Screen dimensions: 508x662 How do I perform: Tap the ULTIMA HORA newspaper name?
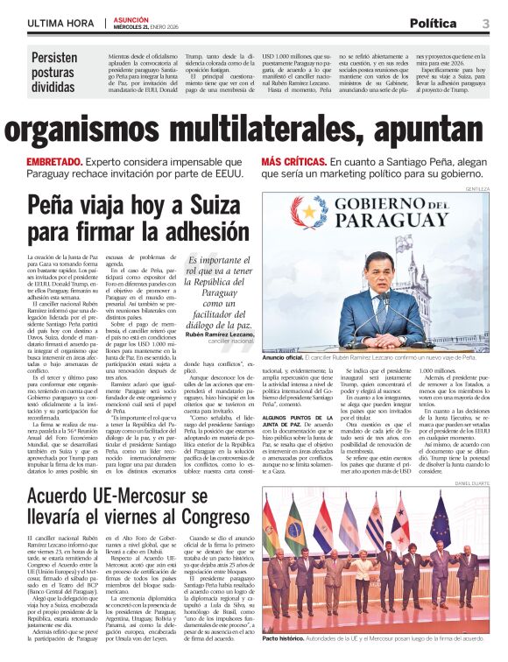(60, 23)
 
